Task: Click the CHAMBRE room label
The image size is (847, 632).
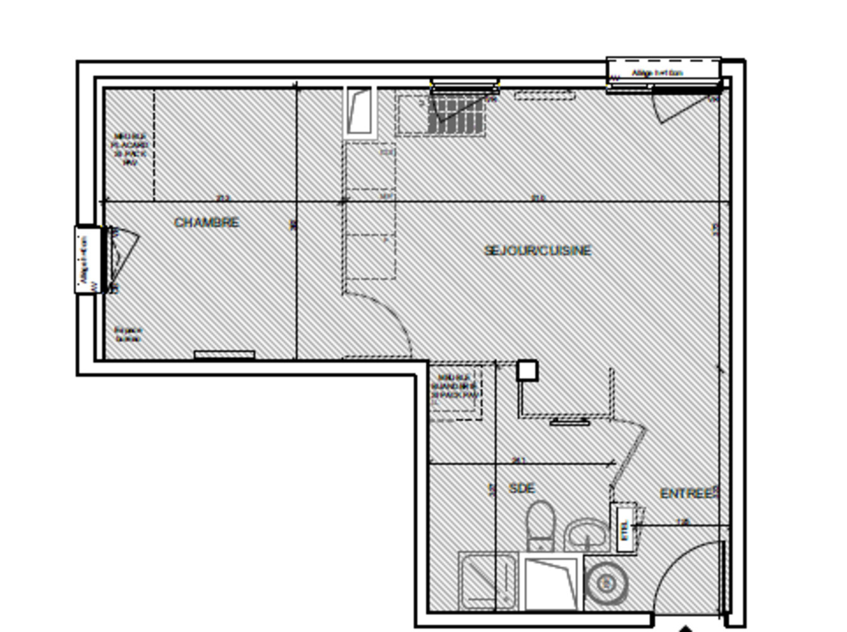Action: tap(207, 222)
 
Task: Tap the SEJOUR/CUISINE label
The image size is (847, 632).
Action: tap(538, 251)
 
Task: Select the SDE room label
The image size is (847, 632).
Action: tap(521, 489)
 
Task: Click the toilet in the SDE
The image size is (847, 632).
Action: tap(540, 525)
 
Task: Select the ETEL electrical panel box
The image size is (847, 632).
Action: tap(625, 528)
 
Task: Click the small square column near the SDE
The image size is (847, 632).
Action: tap(527, 370)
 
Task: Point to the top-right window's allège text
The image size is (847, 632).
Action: tap(657, 73)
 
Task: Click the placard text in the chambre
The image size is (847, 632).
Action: tap(130, 149)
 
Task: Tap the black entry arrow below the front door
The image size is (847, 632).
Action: tap(685, 628)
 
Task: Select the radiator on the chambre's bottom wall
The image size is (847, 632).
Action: tap(224, 355)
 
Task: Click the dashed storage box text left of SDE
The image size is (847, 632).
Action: tap(454, 386)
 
